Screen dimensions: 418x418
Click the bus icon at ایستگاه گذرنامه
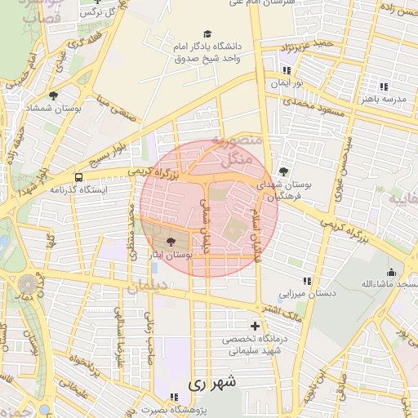pyautogui.click(x=78, y=177)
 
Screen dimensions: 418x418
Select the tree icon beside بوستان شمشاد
pyautogui.click(x=54, y=96)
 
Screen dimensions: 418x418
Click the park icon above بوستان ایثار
pyautogui.click(x=170, y=242)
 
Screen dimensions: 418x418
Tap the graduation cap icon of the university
pyautogui.click(x=207, y=33)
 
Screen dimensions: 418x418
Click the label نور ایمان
pyautogui.click(x=287, y=84)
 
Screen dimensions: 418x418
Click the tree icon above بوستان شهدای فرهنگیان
pyautogui.click(x=282, y=171)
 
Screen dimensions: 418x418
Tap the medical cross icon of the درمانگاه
pyautogui.click(x=256, y=326)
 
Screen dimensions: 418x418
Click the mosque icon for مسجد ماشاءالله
pyautogui.click(x=392, y=272)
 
